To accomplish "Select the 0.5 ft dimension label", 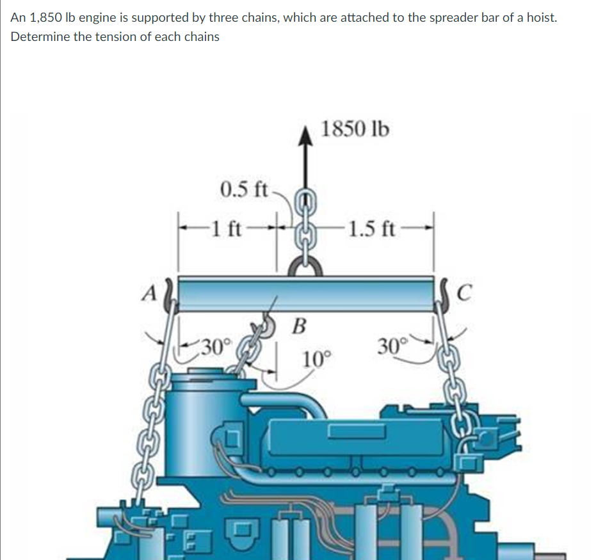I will tap(244, 189).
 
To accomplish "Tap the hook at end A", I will tap(170, 298).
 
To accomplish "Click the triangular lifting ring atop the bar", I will tap(307, 265).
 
